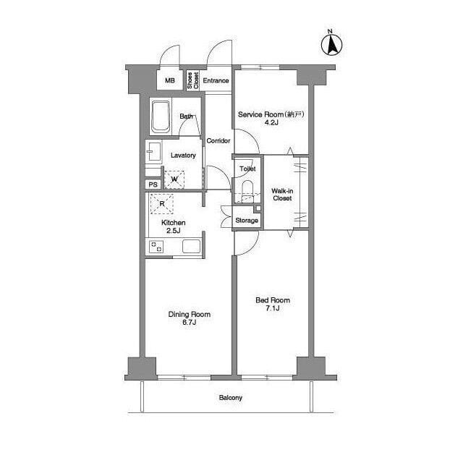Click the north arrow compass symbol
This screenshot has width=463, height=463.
coord(331,45)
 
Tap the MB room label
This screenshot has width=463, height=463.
coord(170,80)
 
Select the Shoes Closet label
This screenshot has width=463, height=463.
coord(193,80)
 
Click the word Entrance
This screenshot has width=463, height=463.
coord(216,80)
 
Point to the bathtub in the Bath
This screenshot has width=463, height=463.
coord(161,117)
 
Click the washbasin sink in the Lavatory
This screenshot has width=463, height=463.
coord(154,151)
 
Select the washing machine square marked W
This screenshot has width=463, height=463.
coord(174,179)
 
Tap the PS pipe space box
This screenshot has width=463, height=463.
coord(153,184)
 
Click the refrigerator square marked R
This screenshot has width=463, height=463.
coord(162,203)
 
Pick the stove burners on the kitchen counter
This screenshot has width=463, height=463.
coord(156,247)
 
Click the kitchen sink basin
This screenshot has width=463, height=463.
coord(191,247)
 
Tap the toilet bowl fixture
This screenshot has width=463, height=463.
coord(247,191)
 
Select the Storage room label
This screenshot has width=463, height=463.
coord(247,221)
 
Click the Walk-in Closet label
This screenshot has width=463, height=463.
coord(282,195)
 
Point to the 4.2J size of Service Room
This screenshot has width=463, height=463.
coord(271,122)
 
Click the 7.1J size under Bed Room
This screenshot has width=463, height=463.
coord(272,308)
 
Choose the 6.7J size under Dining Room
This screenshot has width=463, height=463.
coord(190,323)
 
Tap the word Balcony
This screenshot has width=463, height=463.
coord(231,398)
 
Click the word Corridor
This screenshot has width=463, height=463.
coord(218,140)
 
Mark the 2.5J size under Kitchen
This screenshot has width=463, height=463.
coord(174,231)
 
